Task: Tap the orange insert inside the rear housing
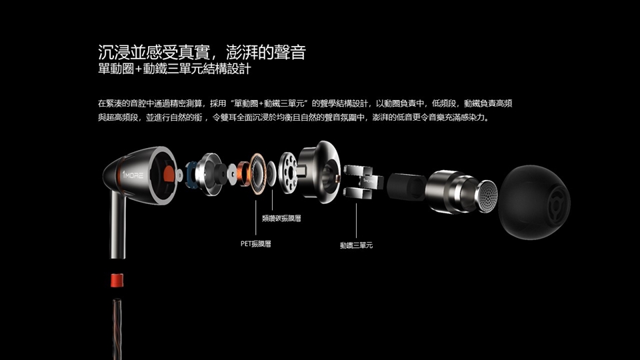coord(168,174)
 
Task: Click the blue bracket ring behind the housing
coord(191,175)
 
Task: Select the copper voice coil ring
coord(243,174)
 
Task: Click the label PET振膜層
coord(255,244)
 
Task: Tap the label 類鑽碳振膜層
coord(281,219)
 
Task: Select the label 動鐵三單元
coord(356,245)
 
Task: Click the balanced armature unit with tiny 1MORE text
coord(363,181)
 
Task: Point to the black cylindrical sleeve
coord(406,187)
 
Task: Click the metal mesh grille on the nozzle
coord(487,196)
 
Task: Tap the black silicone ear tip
coord(534,201)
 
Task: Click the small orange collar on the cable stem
coord(117,281)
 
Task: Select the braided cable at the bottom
coord(117,329)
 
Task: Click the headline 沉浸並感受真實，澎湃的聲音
coord(202,52)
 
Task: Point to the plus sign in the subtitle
coord(139,69)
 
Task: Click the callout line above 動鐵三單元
coord(356,221)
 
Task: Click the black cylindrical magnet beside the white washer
coord(220,174)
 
